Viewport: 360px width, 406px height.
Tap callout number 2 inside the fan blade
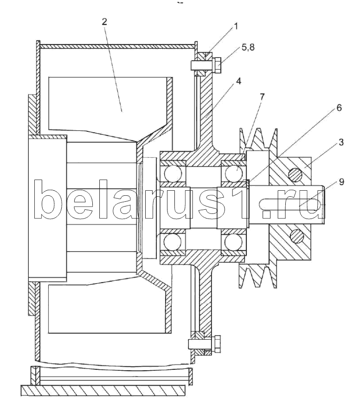105,21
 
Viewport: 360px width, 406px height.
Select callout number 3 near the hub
341,142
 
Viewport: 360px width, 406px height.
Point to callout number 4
238,81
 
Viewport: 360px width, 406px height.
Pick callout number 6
339,108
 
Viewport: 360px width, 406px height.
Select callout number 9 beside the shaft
341,182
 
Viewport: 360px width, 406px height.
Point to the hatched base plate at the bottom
102,390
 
